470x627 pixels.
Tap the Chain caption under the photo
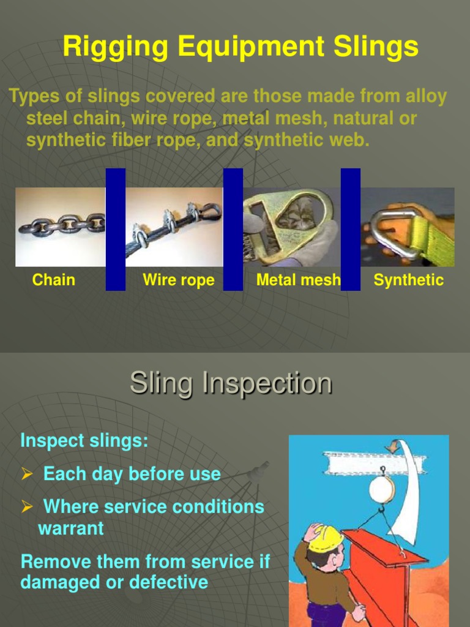pos(54,280)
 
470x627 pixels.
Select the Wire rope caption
pos(179,280)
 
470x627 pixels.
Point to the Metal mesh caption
pos(298,280)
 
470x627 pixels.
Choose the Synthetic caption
pos(408,280)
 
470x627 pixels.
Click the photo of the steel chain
pos(61,227)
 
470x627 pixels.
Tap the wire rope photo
pos(174,227)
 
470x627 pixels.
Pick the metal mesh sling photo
pos(292,227)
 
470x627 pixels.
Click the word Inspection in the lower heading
pos(267,384)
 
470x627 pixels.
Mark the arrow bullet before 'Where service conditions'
pos(26,507)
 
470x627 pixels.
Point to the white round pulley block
pos(381,489)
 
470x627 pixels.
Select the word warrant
pos(71,528)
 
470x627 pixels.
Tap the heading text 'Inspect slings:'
pos(84,441)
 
